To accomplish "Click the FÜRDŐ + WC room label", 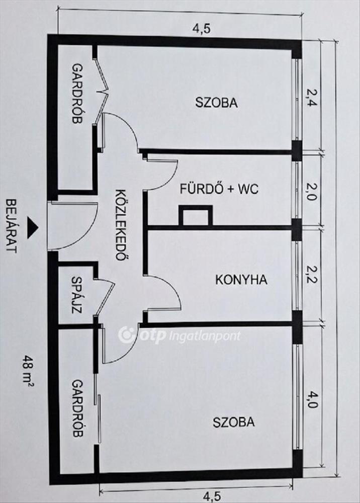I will tap(219, 190).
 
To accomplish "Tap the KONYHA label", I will tap(241, 280).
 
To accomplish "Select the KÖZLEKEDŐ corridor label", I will tap(120, 224).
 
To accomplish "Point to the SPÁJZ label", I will tap(77, 295).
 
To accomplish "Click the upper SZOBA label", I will tap(216, 103).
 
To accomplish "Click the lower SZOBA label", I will tap(233, 422).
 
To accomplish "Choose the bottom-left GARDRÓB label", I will tap(77, 408).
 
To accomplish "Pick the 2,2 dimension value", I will tap(311, 276).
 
